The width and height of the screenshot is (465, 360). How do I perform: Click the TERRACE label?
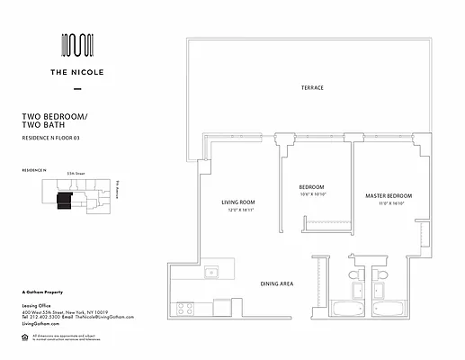point(312,87)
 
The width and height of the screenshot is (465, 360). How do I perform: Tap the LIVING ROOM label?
point(240,202)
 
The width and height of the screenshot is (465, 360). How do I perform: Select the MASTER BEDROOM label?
point(389,195)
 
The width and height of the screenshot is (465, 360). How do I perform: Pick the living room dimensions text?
point(240,210)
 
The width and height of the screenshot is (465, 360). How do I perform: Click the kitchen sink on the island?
point(212,272)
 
